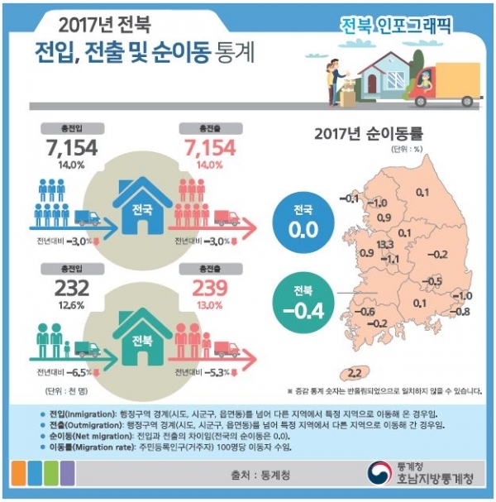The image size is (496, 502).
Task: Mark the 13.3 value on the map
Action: point(384,246)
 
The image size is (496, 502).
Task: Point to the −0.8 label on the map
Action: point(461,311)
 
